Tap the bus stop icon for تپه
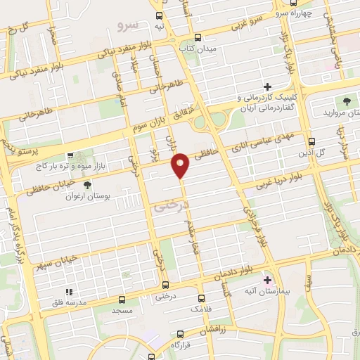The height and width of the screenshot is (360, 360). (160, 15)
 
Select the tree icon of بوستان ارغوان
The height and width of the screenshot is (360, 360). (86, 185)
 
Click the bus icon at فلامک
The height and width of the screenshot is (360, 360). (202, 297)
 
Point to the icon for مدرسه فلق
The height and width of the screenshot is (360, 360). (68, 291)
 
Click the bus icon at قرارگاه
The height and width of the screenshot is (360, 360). (180, 334)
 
